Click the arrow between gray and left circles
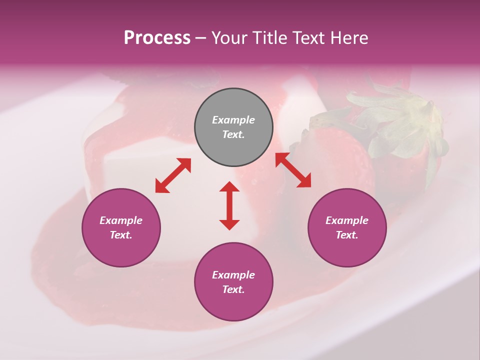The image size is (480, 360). pyautogui.click(x=173, y=175)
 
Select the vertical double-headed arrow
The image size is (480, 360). pyautogui.click(x=229, y=205)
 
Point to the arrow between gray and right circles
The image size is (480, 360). pyautogui.click(x=293, y=170)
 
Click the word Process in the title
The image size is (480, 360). pyautogui.click(x=157, y=37)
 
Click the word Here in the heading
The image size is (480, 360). pyautogui.click(x=348, y=37)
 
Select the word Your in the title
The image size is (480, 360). pyautogui.click(x=229, y=37)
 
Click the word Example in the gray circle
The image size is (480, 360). pyautogui.click(x=233, y=120)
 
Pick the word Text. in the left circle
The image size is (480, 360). pyautogui.click(x=121, y=235)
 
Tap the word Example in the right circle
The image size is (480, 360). pyautogui.click(x=347, y=220)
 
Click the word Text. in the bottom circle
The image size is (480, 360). pyautogui.click(x=233, y=289)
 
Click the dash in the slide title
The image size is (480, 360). pyautogui.click(x=200, y=38)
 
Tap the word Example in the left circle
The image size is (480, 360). pyautogui.click(x=121, y=220)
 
